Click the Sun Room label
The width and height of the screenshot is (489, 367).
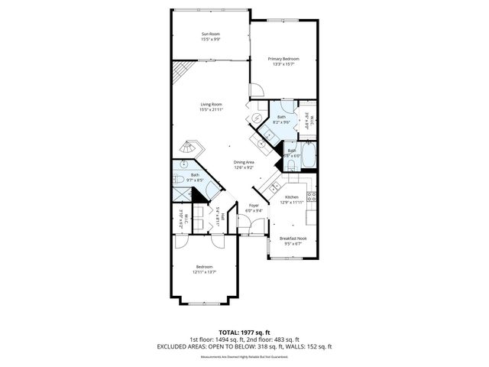(209, 34)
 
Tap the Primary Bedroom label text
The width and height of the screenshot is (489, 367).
(283, 59)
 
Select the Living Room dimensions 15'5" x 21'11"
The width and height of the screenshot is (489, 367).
(211, 110)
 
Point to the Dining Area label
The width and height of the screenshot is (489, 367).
(244, 162)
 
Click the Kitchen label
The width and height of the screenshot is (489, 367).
(292, 196)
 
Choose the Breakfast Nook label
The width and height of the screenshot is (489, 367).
(292, 239)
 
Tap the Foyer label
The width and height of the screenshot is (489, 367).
(254, 205)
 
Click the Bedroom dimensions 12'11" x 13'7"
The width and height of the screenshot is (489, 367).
(204, 271)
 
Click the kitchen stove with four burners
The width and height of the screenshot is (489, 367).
(311, 200)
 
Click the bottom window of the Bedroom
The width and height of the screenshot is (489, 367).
(205, 304)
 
